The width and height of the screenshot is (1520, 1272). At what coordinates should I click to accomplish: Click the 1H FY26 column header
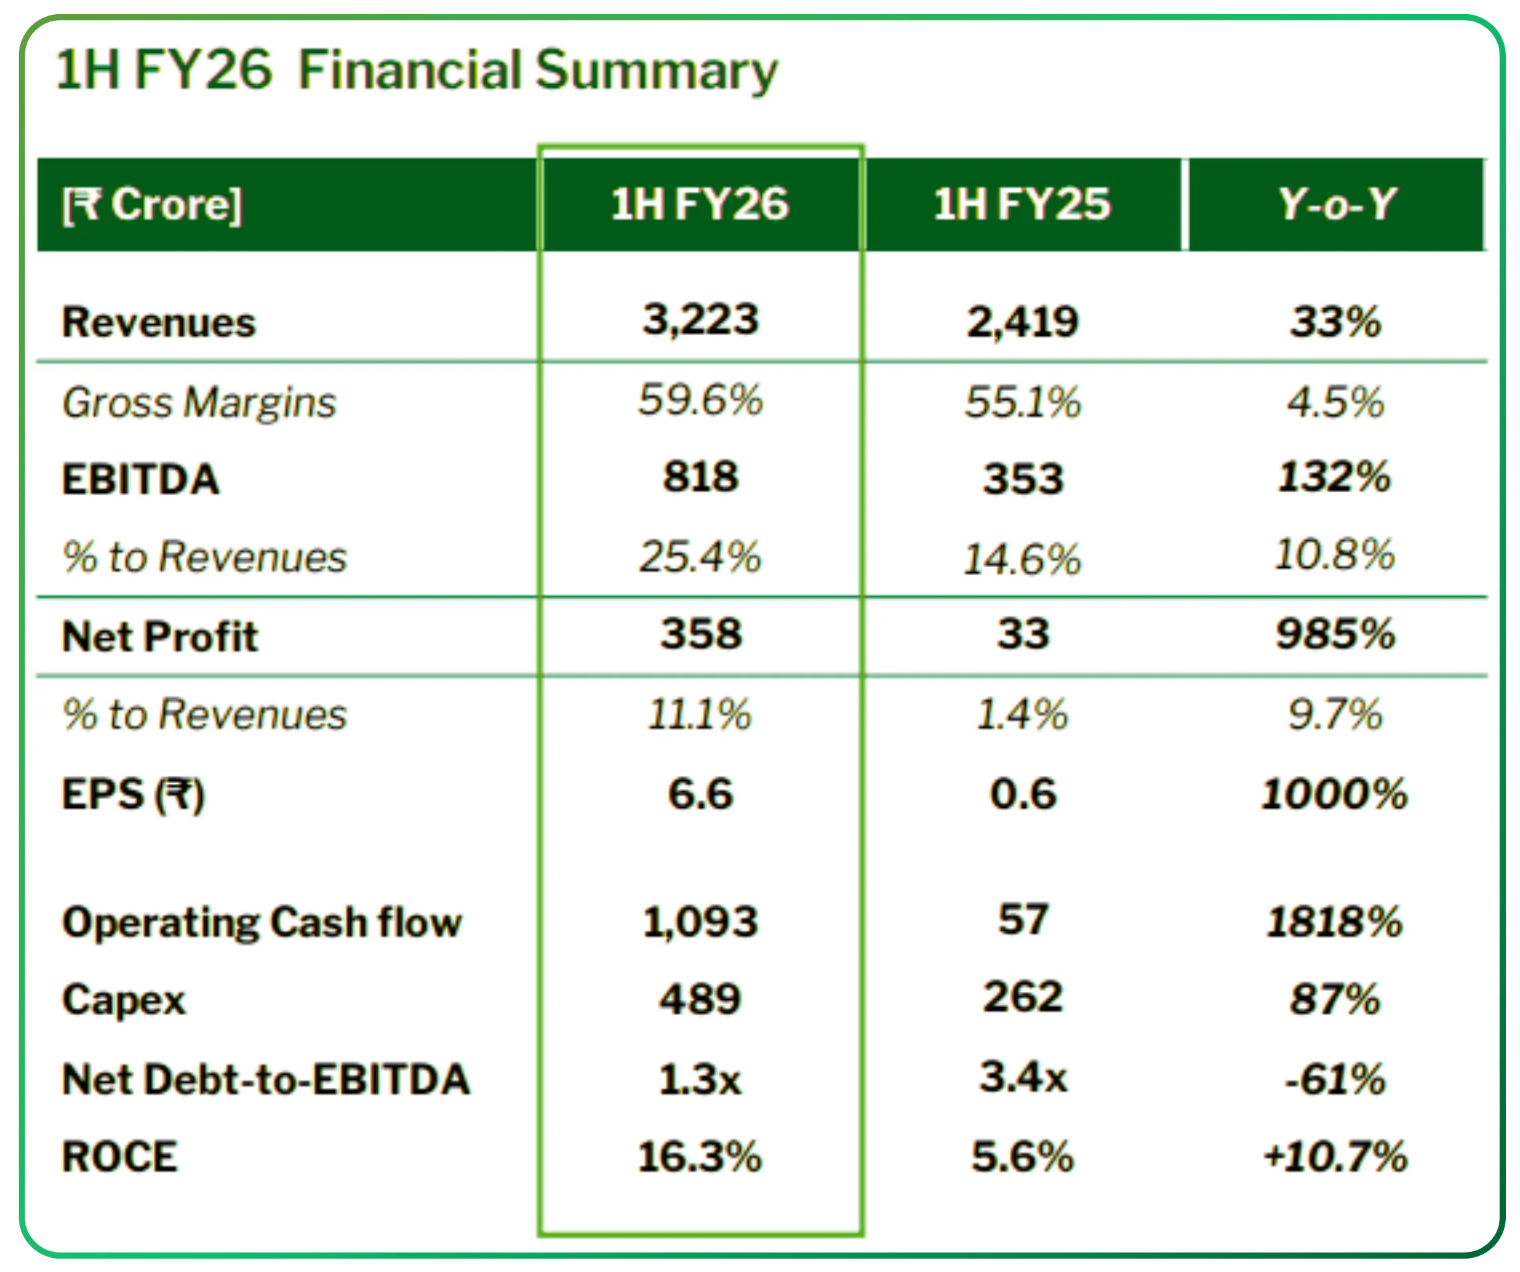point(699,204)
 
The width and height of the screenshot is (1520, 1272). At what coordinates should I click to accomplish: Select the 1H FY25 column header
point(1021,204)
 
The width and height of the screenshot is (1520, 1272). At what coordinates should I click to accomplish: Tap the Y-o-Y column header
point(1336,204)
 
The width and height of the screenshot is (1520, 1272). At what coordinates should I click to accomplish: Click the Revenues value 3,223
point(700,319)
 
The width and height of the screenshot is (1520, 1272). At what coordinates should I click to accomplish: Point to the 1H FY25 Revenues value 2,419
point(1022,322)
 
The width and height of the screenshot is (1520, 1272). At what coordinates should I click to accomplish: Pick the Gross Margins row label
point(199,403)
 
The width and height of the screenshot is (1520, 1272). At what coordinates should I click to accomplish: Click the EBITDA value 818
point(700,477)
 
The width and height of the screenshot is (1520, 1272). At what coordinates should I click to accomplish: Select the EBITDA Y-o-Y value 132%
point(1334,477)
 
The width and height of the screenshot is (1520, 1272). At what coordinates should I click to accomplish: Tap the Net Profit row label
point(159,637)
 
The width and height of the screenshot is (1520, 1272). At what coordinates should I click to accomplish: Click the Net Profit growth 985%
point(1335,634)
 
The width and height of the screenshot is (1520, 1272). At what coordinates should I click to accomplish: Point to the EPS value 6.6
point(700,793)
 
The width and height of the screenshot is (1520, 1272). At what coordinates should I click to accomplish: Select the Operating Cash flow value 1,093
point(700,922)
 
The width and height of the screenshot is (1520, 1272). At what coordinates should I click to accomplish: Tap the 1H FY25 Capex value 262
point(1022,997)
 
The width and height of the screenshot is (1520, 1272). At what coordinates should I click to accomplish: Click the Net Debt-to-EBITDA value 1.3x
point(700,1079)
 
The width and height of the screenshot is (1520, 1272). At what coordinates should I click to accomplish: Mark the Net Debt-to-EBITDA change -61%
point(1335,1079)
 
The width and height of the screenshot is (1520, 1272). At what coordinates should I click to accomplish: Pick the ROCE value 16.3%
point(699,1156)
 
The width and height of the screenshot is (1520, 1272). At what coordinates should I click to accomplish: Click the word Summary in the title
point(656,71)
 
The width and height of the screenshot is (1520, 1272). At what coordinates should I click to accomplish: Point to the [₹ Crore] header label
point(152,205)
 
